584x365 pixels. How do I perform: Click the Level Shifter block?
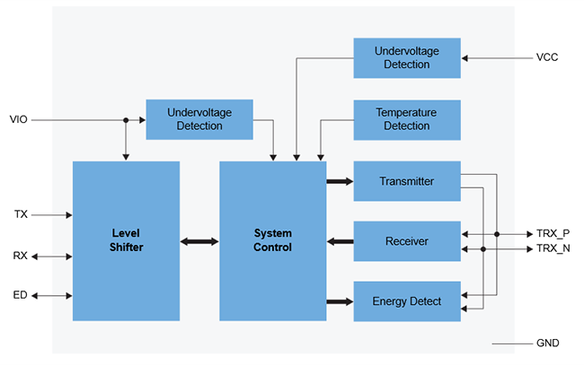coord(126,240)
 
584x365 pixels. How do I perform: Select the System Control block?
coord(272,240)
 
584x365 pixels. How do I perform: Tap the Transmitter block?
coord(406,181)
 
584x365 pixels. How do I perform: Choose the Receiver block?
coord(406,241)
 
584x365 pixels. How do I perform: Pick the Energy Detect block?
coord(406,301)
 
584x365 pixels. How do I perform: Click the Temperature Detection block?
coord(406,119)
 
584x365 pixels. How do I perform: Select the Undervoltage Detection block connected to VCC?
coord(406,58)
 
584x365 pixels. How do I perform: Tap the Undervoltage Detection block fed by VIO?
coord(199,119)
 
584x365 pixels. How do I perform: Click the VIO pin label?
coord(19,119)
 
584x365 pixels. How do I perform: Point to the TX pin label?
coord(21,214)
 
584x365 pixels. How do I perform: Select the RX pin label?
coord(20,256)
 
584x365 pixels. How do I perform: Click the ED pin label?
coord(20,295)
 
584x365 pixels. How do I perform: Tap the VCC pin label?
coord(547,58)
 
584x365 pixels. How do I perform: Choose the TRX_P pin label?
coord(553,233)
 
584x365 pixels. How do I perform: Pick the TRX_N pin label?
coord(553,248)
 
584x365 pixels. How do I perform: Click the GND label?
coord(547,343)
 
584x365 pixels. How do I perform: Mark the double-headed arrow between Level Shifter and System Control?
coord(199,241)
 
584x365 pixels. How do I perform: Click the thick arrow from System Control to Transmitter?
coord(340,181)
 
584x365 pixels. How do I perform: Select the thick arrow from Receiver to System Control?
coord(340,241)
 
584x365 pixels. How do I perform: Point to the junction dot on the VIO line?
coord(126,119)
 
